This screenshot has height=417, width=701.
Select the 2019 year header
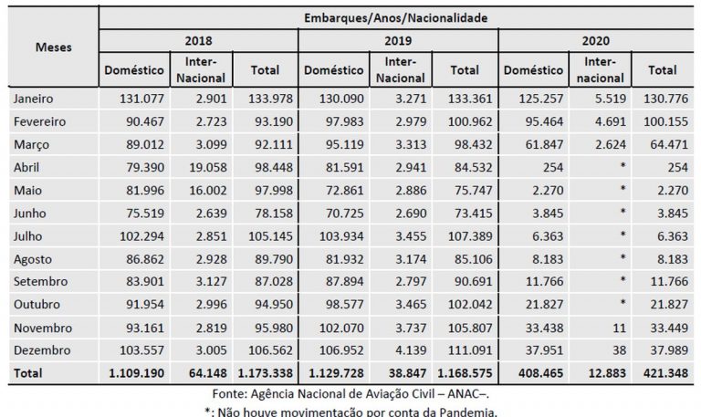point(398,41)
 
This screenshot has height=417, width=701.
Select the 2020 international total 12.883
point(602,373)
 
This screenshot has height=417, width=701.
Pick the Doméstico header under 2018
point(133,69)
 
